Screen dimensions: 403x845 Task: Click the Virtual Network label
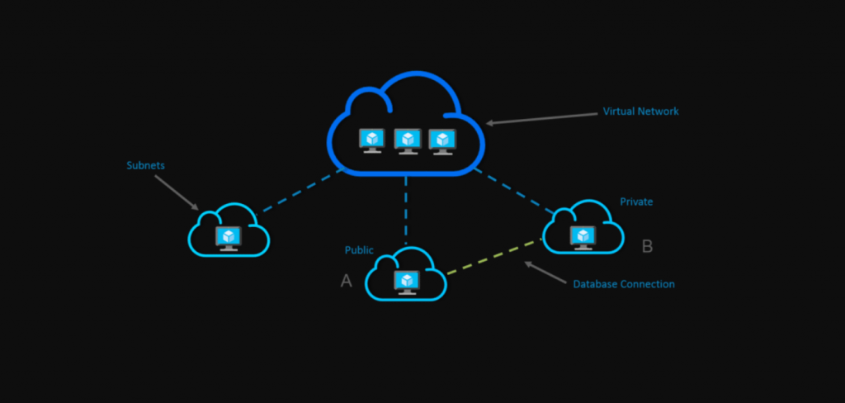click(640, 111)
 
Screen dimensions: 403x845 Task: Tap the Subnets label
click(145, 165)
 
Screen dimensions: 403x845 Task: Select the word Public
click(359, 250)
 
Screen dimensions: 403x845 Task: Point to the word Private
click(636, 201)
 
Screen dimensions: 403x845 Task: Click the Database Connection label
click(624, 284)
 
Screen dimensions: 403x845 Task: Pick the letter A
click(347, 281)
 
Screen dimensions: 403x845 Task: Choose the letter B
click(647, 245)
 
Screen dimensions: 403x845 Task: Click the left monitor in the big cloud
click(372, 140)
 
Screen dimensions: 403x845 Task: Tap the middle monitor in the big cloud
click(407, 140)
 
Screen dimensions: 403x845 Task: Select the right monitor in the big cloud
click(442, 140)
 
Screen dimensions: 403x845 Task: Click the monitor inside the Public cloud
click(406, 281)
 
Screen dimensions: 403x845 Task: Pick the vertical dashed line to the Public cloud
click(406, 210)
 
